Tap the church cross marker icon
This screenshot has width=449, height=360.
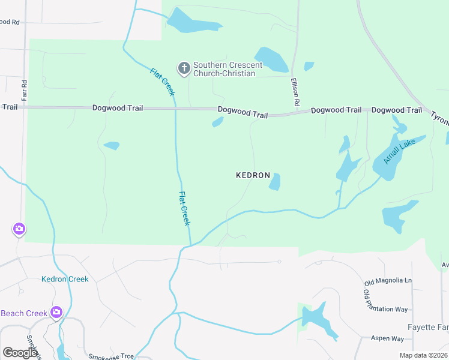[184, 69]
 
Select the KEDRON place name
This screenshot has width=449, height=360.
[252, 175]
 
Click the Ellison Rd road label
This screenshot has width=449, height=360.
[295, 92]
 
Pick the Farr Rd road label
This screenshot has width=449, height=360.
[25, 90]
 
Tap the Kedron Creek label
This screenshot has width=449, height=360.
[65, 279]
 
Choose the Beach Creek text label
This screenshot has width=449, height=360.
[24, 313]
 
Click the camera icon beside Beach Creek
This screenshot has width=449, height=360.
[56, 311]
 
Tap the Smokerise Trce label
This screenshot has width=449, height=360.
[111, 356]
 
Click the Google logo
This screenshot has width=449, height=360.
[20, 353]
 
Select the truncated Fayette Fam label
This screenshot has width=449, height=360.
[428, 327]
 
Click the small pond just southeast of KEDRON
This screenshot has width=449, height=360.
[275, 181]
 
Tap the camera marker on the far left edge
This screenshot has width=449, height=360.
[19, 229]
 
